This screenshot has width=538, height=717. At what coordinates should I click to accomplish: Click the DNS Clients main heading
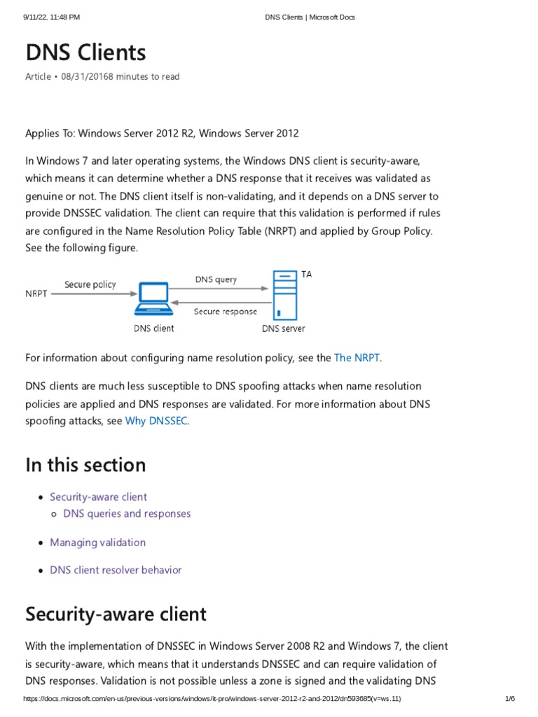(x=85, y=53)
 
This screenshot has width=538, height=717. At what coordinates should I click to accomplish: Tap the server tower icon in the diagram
(x=284, y=295)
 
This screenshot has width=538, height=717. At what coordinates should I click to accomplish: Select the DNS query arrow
(x=220, y=287)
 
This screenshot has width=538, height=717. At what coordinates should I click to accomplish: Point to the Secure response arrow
(x=220, y=302)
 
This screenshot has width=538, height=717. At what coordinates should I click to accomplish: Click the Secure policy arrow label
(x=90, y=284)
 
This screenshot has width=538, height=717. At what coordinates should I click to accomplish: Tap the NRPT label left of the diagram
(x=36, y=294)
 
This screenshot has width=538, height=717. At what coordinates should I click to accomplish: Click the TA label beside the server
(x=307, y=274)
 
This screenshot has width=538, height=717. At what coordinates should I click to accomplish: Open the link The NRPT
(x=357, y=358)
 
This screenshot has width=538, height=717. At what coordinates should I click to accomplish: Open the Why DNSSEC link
(x=156, y=422)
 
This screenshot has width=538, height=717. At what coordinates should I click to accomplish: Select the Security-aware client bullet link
(x=98, y=497)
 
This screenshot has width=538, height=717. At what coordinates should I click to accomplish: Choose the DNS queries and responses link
(x=127, y=514)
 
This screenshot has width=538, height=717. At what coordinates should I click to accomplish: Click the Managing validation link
(x=97, y=543)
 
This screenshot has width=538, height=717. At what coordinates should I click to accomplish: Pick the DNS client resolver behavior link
(x=116, y=570)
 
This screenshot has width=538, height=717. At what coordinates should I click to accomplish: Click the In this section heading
(x=85, y=465)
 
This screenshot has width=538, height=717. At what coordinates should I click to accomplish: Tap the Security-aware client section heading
(x=116, y=614)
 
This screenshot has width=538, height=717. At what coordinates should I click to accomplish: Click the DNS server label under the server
(x=283, y=328)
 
